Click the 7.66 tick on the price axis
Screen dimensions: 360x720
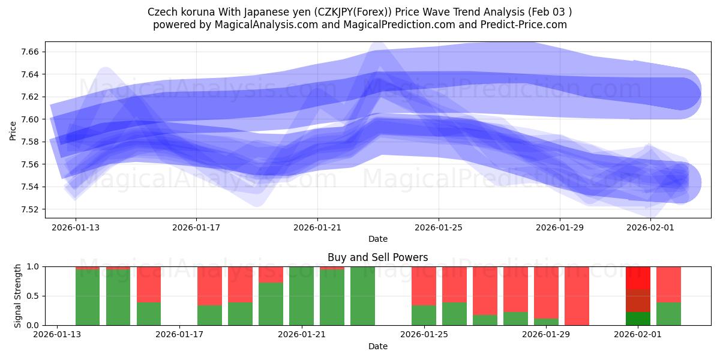(x=29, y=52)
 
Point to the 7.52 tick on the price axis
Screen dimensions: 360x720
(x=29, y=209)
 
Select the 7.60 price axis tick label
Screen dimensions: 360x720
(x=29, y=119)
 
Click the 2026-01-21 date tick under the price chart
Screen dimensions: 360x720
(x=317, y=227)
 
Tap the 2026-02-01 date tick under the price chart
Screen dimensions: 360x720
(x=650, y=227)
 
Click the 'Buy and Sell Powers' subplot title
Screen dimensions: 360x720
(x=377, y=257)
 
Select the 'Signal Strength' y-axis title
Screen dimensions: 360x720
(x=17, y=296)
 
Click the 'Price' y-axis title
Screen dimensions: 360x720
(x=13, y=130)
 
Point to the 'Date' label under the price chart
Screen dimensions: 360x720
(x=377, y=239)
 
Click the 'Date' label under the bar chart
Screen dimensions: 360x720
(x=377, y=346)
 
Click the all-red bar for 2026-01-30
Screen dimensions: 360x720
(x=577, y=296)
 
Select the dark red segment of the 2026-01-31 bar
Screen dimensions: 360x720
(x=638, y=301)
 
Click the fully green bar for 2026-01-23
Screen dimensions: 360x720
(x=362, y=296)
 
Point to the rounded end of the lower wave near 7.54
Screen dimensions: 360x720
(x=680, y=182)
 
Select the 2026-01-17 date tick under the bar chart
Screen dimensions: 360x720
(x=179, y=335)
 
